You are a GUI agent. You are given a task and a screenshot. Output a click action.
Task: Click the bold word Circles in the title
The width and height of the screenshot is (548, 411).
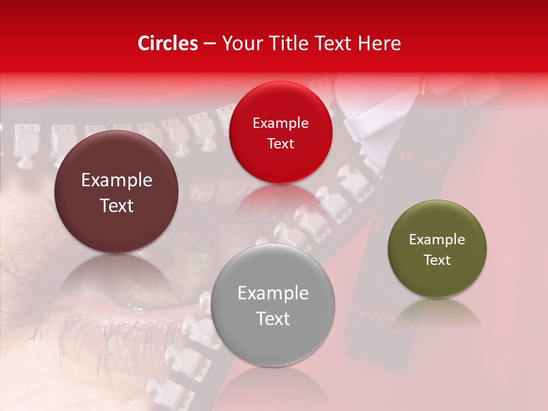(x=168, y=43)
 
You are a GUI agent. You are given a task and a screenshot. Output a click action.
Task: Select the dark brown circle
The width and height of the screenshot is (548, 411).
(x=116, y=192)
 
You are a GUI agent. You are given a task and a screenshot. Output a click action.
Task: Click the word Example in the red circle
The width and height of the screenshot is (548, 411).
(x=280, y=123)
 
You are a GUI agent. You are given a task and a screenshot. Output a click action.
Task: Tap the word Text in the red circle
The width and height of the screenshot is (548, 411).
(x=280, y=143)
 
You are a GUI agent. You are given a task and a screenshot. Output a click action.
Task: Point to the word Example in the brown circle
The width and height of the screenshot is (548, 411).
(x=116, y=180)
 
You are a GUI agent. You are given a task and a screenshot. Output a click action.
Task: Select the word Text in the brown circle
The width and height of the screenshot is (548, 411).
(x=116, y=205)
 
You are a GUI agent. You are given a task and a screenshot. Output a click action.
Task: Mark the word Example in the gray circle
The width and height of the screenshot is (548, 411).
(x=273, y=293)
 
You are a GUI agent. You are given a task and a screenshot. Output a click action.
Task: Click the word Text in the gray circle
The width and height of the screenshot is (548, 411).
(x=273, y=319)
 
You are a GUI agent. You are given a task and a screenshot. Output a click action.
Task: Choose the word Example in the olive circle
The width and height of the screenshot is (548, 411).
(x=437, y=240)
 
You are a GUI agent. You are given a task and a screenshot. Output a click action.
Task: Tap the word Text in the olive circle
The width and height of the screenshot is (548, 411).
(x=437, y=260)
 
